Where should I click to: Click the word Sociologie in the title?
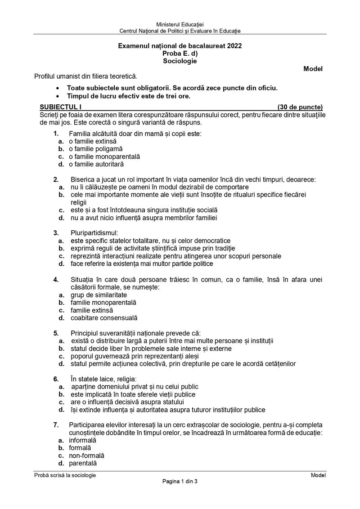180,61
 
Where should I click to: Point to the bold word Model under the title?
313,69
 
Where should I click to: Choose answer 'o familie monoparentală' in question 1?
104,156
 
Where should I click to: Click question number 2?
56,179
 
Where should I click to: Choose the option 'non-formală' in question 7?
86,455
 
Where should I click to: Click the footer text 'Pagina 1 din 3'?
180,482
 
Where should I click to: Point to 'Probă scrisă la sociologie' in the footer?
65,475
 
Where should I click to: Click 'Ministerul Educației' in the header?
180,24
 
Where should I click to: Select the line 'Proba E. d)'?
180,54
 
